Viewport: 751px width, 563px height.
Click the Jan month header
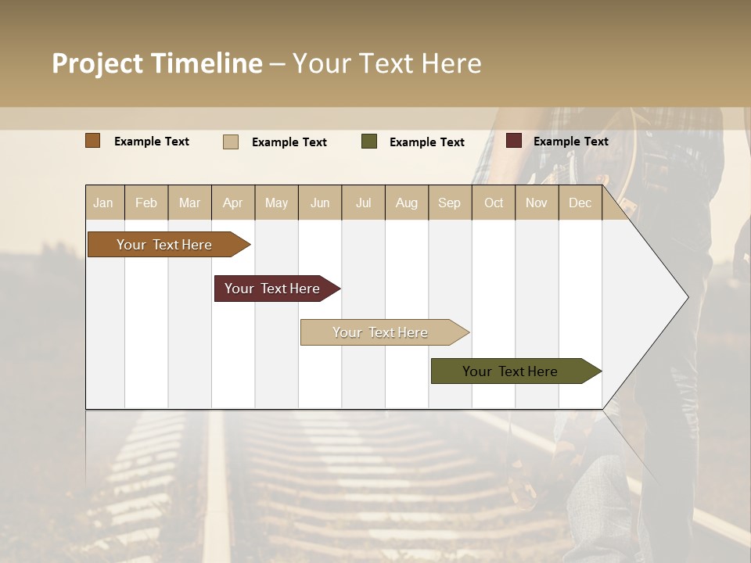click(x=103, y=203)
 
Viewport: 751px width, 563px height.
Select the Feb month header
click(x=146, y=203)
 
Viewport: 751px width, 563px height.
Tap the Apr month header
click(x=233, y=203)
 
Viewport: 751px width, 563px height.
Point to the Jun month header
click(x=320, y=203)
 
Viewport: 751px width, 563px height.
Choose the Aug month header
click(x=407, y=203)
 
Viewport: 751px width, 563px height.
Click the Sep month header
click(x=450, y=203)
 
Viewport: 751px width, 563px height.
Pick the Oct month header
click(x=494, y=203)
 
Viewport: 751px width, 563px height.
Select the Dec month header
click(x=580, y=203)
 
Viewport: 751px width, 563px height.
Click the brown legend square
click(x=93, y=141)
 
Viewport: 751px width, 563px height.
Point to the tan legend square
click(x=231, y=142)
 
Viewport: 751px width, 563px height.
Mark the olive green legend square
click(x=369, y=142)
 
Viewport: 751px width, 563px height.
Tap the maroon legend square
click(x=514, y=141)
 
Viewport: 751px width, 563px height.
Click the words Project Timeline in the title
click(x=157, y=63)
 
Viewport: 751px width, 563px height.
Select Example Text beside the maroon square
click(x=571, y=141)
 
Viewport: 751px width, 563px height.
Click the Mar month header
click(x=190, y=203)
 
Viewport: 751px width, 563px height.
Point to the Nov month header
click(x=537, y=203)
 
